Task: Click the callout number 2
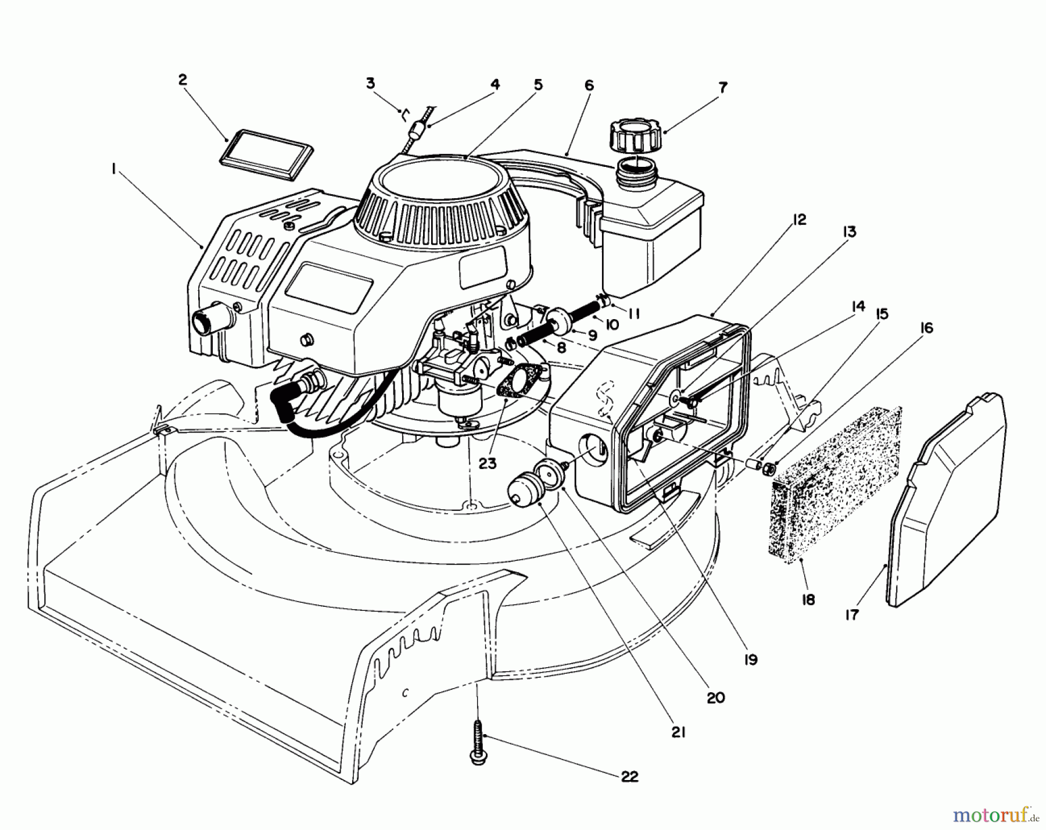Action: pyautogui.click(x=182, y=80)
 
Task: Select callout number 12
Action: pyautogui.click(x=799, y=220)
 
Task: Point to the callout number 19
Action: pyautogui.click(x=750, y=660)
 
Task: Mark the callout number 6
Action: pyautogui.click(x=589, y=85)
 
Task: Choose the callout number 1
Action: pyautogui.click(x=114, y=169)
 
